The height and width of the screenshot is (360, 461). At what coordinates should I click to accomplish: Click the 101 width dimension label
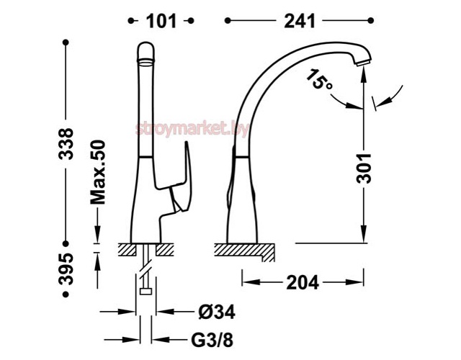pyautogui.click(x=161, y=21)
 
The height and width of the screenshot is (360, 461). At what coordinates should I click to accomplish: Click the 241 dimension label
pyautogui.click(x=300, y=21)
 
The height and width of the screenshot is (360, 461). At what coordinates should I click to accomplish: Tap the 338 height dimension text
pyautogui.click(x=66, y=144)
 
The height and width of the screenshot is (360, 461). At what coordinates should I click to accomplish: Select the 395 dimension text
pyautogui.click(x=66, y=269)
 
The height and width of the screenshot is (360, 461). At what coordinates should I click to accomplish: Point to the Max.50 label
pyautogui.click(x=98, y=173)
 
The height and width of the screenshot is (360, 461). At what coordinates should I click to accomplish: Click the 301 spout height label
pyautogui.click(x=364, y=168)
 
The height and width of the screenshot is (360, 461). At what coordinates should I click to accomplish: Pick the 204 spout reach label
pyautogui.click(x=303, y=283)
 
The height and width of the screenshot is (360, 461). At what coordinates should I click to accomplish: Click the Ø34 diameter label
pyautogui.click(x=217, y=312)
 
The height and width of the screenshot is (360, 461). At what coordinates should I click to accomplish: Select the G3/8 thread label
pyautogui.click(x=212, y=340)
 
